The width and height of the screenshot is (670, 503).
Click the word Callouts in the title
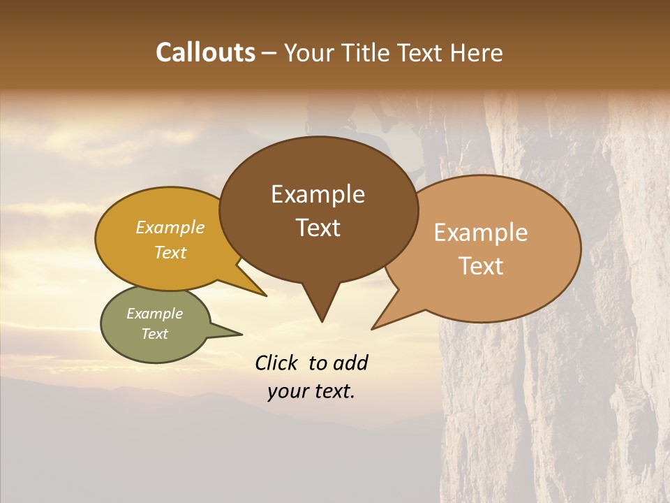(x=205, y=52)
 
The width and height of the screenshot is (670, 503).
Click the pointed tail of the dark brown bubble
(x=322, y=311)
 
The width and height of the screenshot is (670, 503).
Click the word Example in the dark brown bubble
(x=318, y=194)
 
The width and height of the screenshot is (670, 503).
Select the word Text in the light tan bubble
(x=482, y=266)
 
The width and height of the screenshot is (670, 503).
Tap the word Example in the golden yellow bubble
(x=170, y=228)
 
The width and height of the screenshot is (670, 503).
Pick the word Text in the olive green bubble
(x=154, y=334)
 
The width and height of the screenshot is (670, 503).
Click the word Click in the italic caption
(x=276, y=363)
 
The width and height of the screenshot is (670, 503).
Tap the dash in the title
(x=270, y=53)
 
